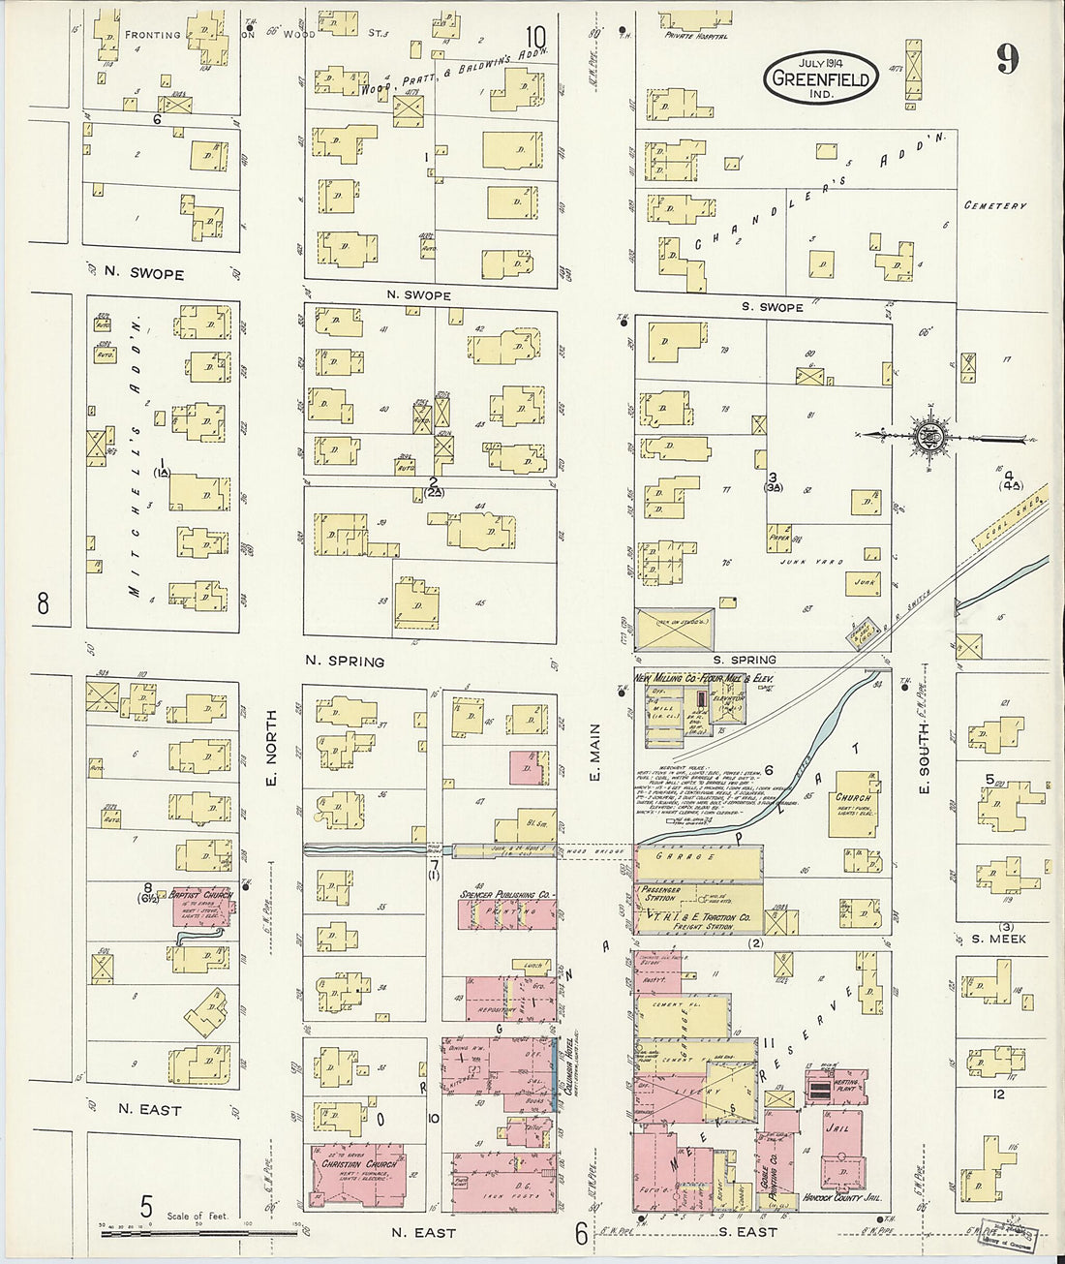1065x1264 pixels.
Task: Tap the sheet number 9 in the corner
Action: pos(1007,60)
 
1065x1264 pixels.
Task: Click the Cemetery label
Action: pos(994,206)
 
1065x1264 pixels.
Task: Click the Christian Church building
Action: pos(358,1175)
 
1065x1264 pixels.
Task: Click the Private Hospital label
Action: pos(695,36)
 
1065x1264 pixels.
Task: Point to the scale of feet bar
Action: pos(198,1233)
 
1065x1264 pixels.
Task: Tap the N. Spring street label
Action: pos(345,662)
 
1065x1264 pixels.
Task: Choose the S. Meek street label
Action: pos(998,939)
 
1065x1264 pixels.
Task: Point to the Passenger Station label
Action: pos(660,893)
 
